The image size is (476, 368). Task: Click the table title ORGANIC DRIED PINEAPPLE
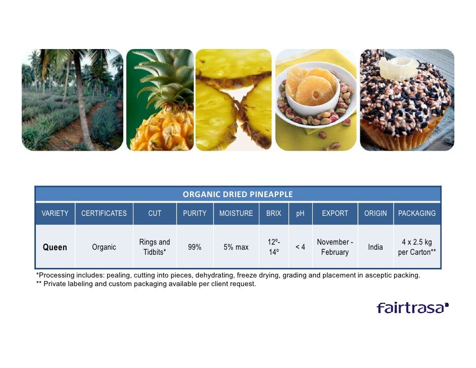[237, 194]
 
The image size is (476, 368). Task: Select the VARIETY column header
[55, 213]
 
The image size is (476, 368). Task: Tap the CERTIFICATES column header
[104, 213]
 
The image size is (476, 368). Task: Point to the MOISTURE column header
[236, 213]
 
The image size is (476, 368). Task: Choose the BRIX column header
[273, 213]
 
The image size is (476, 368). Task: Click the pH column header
[300, 213]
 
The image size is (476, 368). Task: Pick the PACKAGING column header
[417, 213]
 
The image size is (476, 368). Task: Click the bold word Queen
[55, 247]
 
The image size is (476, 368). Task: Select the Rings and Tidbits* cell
[155, 247]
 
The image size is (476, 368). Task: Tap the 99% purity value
[195, 247]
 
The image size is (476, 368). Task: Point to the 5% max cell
[236, 247]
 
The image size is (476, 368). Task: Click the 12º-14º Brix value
[274, 247]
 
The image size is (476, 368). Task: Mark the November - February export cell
[335, 247]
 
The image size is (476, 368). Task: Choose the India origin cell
[375, 247]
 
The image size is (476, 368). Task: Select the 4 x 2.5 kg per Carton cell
[417, 247]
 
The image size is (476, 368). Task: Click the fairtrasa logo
[412, 308]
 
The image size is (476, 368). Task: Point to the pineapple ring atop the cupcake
[399, 67]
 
